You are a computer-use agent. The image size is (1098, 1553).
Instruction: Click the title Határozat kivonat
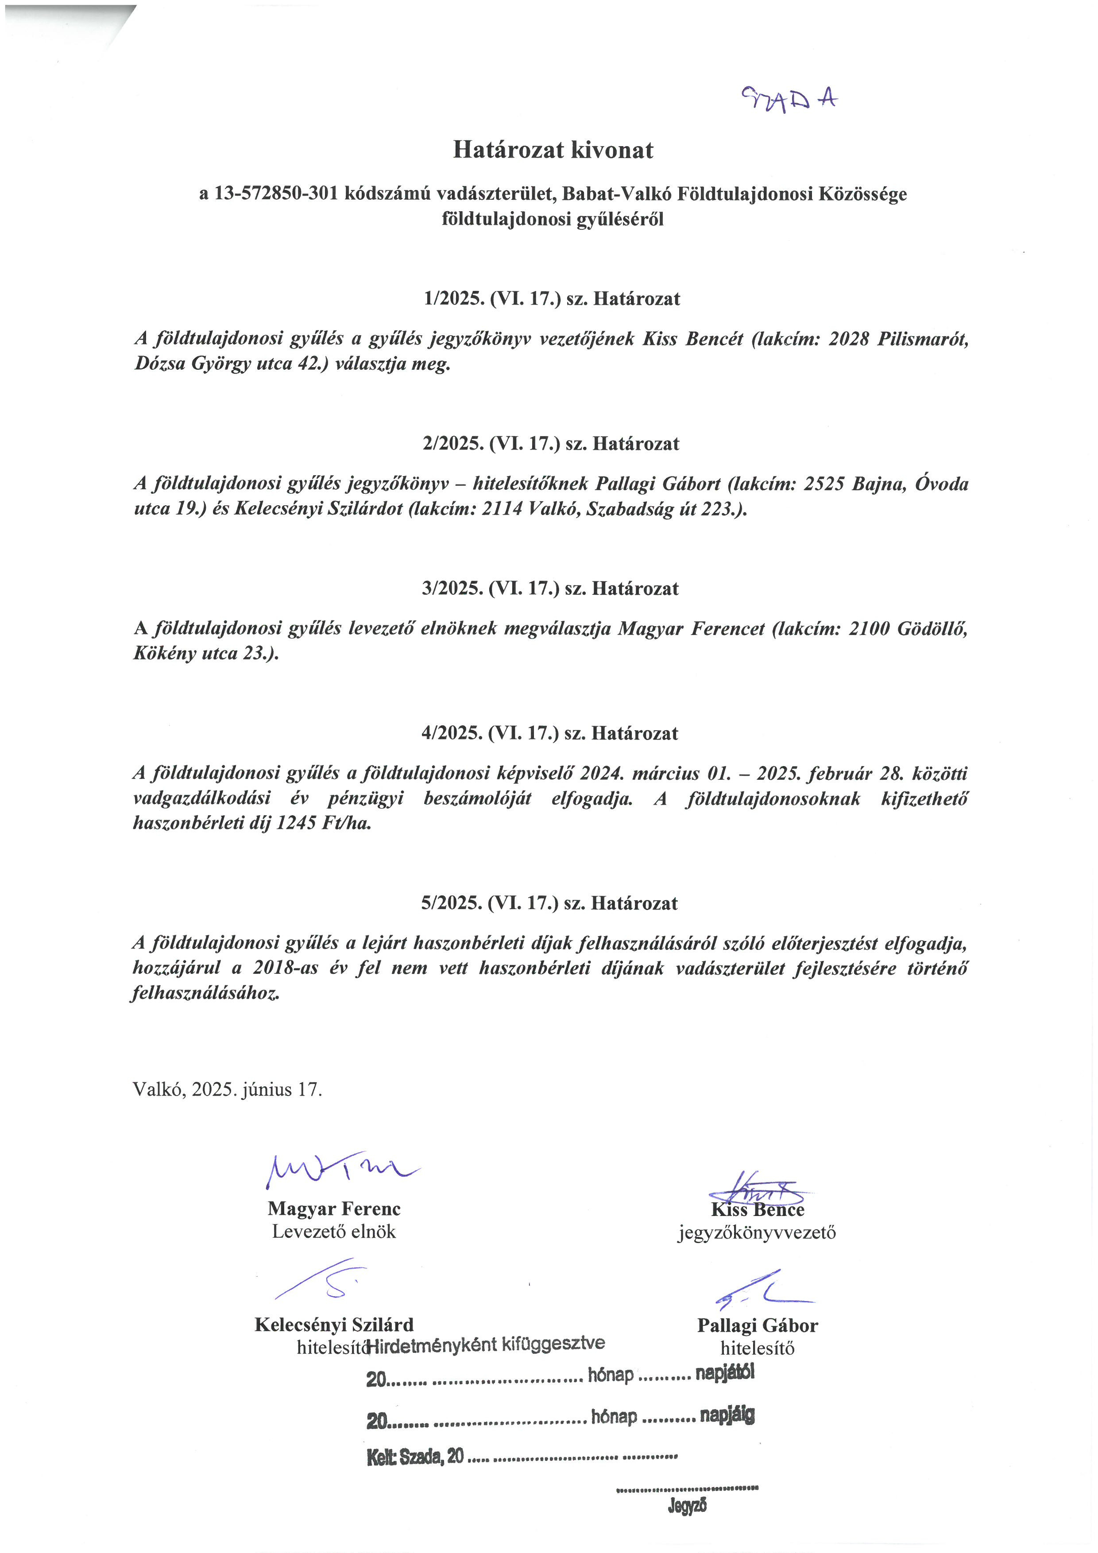[x=553, y=150]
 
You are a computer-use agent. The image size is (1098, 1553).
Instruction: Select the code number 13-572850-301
[x=276, y=194]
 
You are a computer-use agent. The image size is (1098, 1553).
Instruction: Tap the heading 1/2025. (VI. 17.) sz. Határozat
[x=552, y=299]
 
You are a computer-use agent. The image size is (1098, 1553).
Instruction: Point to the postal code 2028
[x=849, y=339]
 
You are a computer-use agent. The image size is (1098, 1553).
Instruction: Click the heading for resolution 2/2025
[x=551, y=444]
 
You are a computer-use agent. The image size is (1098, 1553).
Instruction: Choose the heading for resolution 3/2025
[x=550, y=589]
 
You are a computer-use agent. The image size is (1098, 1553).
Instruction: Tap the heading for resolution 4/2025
[x=550, y=733]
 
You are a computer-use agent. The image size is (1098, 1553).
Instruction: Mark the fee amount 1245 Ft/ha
[x=324, y=823]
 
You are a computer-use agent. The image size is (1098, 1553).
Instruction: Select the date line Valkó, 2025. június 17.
[x=227, y=1089]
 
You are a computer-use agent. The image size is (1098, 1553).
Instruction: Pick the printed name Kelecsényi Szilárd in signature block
[x=334, y=1325]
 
